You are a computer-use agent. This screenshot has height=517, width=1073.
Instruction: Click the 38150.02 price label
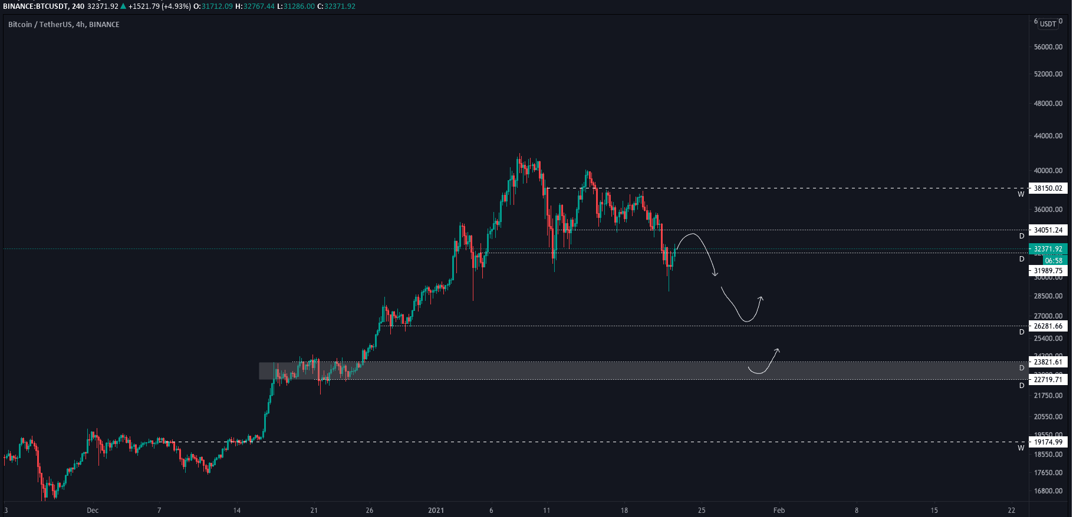coord(1048,188)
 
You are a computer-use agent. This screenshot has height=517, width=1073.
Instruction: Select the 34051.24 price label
coord(1048,230)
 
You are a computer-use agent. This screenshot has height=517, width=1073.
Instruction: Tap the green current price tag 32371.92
coord(1048,249)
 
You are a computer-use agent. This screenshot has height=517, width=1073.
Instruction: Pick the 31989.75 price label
coord(1048,271)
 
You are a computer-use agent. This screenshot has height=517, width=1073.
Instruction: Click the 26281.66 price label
coord(1048,326)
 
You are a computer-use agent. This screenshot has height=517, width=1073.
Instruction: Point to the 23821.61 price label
coord(1048,362)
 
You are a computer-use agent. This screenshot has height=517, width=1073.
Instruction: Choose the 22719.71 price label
coord(1048,380)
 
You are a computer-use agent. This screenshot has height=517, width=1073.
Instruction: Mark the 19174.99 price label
coord(1048,442)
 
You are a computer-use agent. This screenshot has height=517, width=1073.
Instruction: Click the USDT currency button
coord(1048,24)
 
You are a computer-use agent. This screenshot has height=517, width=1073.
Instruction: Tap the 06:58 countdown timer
coord(1054,260)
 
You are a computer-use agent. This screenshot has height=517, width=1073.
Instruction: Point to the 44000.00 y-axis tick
coord(1048,136)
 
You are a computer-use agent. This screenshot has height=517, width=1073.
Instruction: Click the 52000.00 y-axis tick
coord(1048,74)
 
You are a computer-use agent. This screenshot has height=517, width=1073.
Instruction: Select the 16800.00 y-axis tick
coord(1048,491)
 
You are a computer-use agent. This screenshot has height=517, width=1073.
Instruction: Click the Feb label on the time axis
coord(779,511)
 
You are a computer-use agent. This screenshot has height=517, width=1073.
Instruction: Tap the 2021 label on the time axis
coord(436,511)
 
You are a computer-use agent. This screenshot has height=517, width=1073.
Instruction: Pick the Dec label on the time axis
coord(93,511)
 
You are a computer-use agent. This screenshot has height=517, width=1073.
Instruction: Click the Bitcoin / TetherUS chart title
coord(64,25)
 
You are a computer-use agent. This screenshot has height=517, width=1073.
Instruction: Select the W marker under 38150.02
coord(1021,194)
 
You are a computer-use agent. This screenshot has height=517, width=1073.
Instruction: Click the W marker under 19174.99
coord(1021,448)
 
